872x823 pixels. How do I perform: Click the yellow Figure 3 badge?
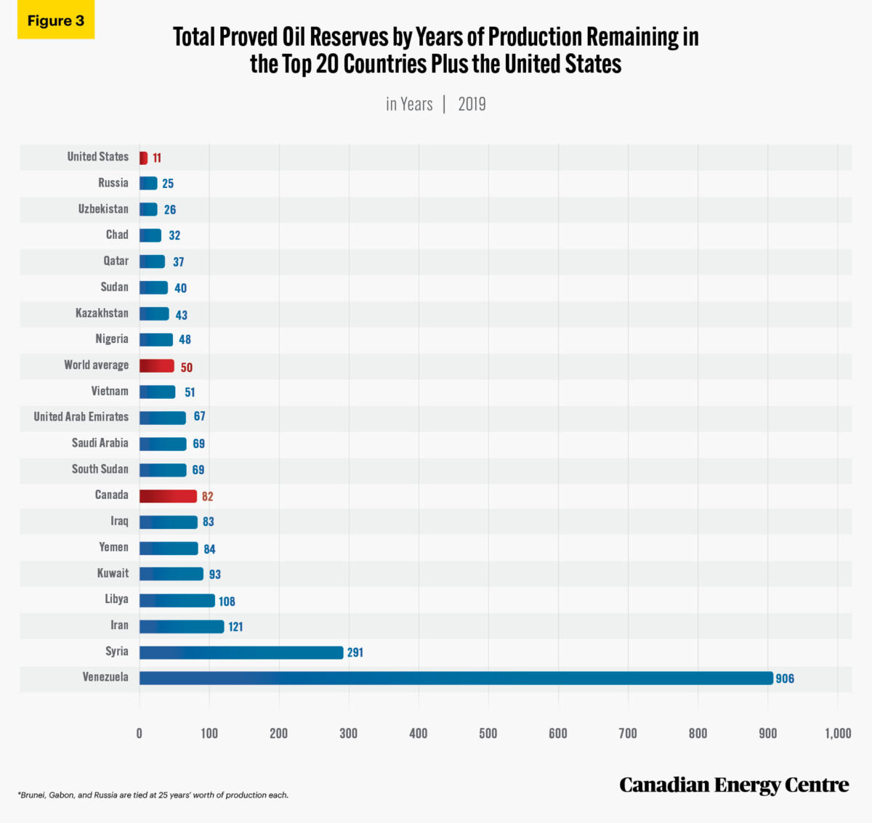[56, 21]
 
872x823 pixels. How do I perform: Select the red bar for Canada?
[168, 496]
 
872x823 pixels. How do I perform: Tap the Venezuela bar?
[456, 678]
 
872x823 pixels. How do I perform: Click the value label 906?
[785, 678]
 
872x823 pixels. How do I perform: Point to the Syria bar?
[241, 652]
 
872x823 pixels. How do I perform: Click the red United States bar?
[143, 158]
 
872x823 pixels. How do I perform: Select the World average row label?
[96, 365]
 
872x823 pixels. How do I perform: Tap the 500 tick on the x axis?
[488, 733]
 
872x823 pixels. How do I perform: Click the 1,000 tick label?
[838, 733]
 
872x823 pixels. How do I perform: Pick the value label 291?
[355, 652]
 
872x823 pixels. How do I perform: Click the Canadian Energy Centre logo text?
[734, 785]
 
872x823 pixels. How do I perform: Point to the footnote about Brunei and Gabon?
[153, 795]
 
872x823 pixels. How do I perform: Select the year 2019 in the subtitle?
[472, 104]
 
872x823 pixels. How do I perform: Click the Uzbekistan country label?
[103, 208]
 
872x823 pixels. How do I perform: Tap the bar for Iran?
[182, 626]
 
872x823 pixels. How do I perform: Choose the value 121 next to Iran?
[235, 627]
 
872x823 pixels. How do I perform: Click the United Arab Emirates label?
[81, 416]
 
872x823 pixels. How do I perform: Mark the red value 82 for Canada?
[208, 497]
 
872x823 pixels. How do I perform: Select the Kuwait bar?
[171, 574]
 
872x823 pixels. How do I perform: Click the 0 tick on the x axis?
[140, 733]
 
